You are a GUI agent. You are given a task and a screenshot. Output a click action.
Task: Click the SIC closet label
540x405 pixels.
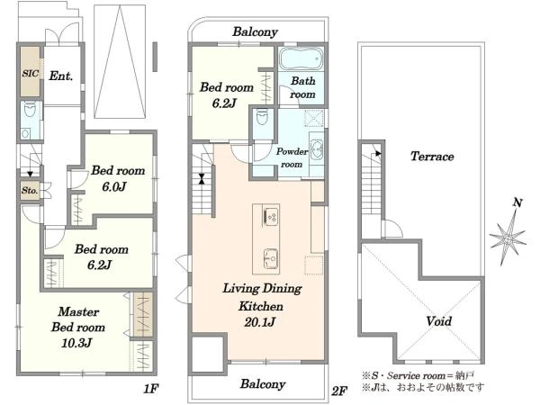point(31,73)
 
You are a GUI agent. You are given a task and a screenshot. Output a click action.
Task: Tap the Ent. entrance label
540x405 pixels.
point(61,76)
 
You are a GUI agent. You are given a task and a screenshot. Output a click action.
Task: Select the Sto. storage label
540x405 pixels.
point(30,191)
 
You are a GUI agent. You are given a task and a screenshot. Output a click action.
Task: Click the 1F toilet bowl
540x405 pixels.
point(30,111)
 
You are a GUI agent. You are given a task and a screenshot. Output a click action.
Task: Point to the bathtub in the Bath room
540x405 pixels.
point(301,58)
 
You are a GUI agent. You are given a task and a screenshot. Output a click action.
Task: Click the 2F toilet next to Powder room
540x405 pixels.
point(262,118)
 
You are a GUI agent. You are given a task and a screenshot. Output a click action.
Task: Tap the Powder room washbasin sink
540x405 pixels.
point(316,150)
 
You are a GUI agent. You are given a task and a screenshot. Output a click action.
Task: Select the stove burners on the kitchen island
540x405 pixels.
point(272,217)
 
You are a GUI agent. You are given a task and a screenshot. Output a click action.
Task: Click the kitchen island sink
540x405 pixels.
point(271,258)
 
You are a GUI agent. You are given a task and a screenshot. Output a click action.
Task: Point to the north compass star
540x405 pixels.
point(508,238)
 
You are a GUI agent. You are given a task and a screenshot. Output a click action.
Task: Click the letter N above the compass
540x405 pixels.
point(517,202)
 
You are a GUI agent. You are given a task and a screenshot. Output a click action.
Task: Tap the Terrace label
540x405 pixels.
point(432,157)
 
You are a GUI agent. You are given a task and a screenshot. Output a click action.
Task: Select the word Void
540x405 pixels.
point(439,321)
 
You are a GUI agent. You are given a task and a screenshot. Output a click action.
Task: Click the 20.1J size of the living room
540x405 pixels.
point(260,322)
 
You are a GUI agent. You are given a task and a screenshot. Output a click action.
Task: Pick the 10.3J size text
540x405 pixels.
point(76,343)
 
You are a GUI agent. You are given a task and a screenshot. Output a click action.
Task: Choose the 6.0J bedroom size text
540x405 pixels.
point(114,186)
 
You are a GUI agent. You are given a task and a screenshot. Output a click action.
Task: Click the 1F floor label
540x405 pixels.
point(151,389)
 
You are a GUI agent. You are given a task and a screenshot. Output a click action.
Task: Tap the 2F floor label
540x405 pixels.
point(339,391)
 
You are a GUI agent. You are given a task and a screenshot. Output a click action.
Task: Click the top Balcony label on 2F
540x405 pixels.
point(255,31)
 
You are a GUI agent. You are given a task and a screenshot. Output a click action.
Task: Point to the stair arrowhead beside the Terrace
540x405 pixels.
point(379,153)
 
